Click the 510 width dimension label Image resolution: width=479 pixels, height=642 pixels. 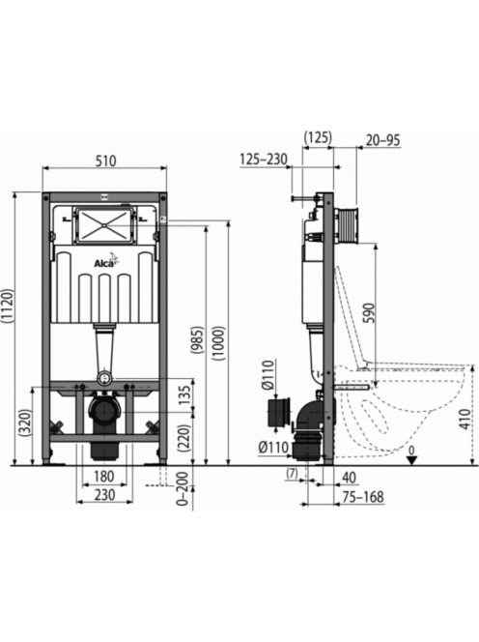pyautogui.click(x=105, y=160)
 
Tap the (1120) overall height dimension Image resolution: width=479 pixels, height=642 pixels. pyautogui.click(x=8, y=307)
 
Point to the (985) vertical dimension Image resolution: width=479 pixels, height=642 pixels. pyautogui.click(x=198, y=339)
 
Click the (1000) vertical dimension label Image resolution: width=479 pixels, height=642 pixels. pyautogui.click(x=218, y=342)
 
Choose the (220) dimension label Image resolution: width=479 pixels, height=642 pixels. pyautogui.click(x=184, y=438)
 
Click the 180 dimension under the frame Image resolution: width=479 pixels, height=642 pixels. pyautogui.click(x=104, y=476)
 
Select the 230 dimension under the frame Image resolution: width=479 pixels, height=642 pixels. pyautogui.click(x=104, y=495)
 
